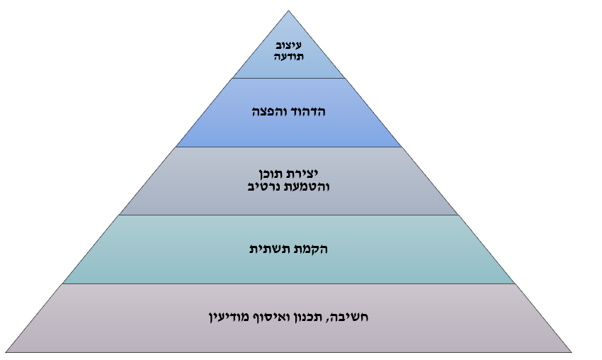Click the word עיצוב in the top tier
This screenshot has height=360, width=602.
(x=289, y=46)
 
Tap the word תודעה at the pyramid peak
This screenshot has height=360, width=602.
(x=289, y=57)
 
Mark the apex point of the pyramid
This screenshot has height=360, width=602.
(x=289, y=11)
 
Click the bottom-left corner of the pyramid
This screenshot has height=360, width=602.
(x=6, y=352)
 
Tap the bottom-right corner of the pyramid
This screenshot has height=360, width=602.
(x=572, y=352)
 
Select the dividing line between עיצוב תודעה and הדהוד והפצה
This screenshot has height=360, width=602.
(x=289, y=79)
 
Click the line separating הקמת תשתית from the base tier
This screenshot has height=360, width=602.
(x=289, y=284)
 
